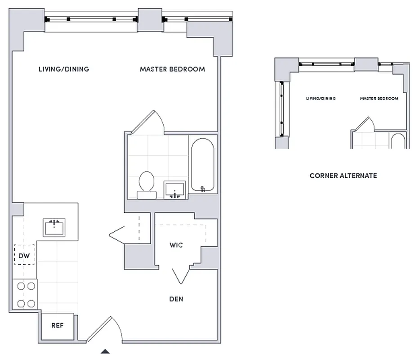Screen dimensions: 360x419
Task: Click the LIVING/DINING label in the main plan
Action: point(63,69)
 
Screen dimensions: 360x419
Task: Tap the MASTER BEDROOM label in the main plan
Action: point(172,69)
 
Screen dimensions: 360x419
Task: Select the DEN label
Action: point(176,299)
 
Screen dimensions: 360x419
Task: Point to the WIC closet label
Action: point(176,245)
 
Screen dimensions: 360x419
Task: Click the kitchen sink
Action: point(54,227)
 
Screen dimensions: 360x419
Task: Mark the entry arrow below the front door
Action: point(105,351)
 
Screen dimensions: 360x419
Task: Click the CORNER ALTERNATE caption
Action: point(343,175)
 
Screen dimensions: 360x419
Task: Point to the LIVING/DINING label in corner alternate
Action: point(321,99)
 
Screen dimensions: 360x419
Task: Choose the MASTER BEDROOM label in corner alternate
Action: point(379,99)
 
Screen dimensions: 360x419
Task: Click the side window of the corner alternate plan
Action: point(281,109)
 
